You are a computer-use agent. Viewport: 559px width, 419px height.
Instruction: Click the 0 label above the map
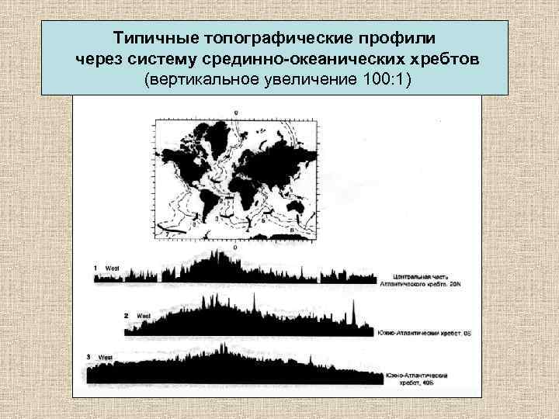point(235,114)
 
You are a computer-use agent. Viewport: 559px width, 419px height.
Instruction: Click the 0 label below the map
point(235,247)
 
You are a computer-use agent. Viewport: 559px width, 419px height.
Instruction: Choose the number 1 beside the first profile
point(95,268)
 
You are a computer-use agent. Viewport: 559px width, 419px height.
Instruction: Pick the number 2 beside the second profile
point(126,316)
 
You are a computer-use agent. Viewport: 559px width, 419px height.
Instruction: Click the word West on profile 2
point(144,317)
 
